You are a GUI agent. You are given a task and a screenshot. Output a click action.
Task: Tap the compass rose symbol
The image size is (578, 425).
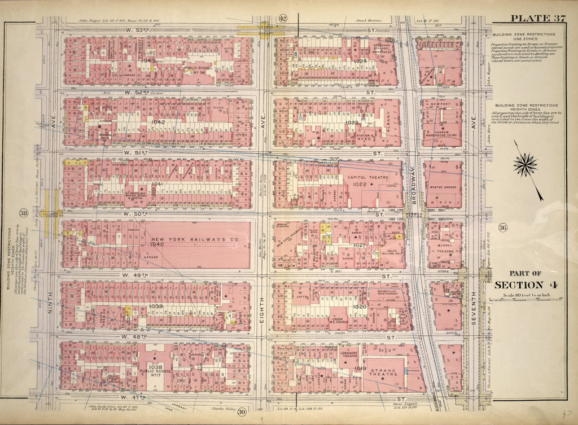coord(525,165)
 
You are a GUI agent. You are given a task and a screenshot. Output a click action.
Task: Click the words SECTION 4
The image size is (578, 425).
coord(526,284)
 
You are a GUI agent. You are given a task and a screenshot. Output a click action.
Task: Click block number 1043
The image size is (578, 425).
coord(148,60)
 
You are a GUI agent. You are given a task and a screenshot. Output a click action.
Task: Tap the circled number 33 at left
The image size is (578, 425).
coord(23,213)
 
